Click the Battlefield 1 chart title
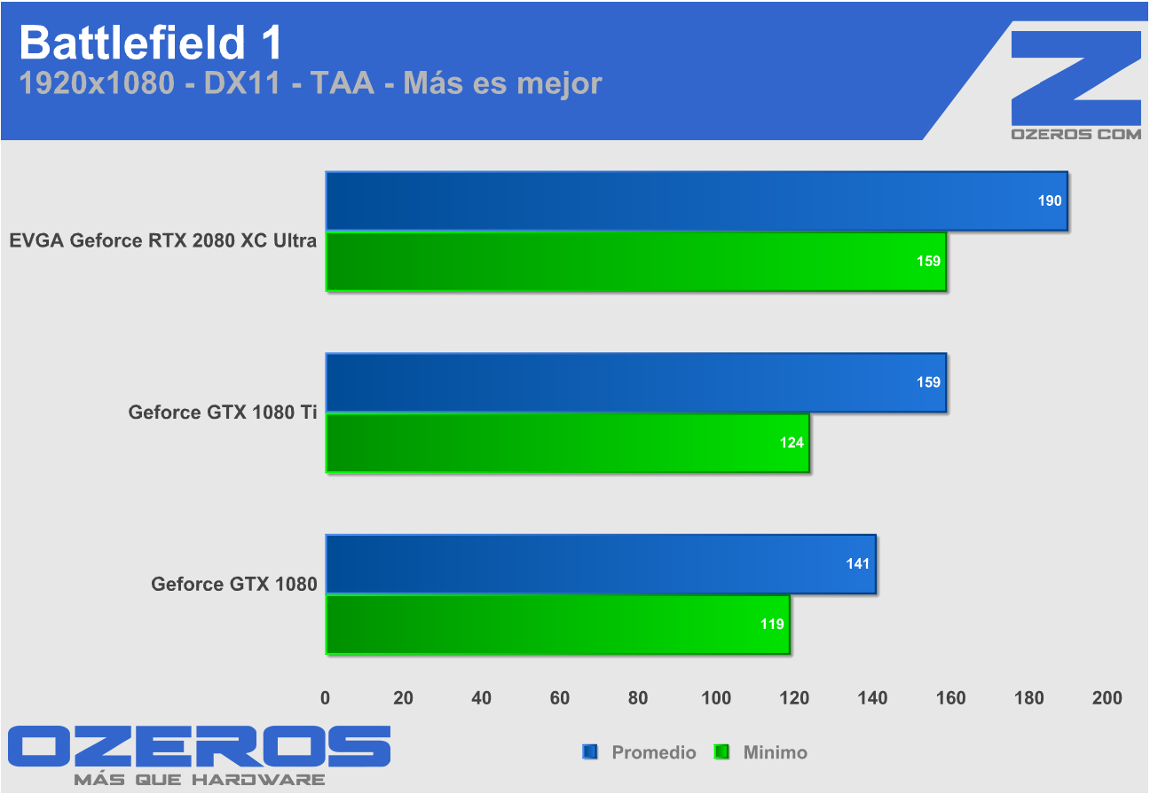tap(150, 42)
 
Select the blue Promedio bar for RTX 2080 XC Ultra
tap(696, 201)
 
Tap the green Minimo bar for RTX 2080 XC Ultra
tap(635, 262)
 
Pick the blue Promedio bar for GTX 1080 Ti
tap(635, 383)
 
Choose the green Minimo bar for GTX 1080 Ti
tap(567, 443)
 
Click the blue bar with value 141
tap(600, 564)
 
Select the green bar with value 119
tap(557, 625)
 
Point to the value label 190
tap(1050, 201)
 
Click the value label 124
tap(792, 443)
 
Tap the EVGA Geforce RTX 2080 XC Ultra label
tap(163, 240)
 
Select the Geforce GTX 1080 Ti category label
tap(223, 412)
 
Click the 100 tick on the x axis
tap(716, 698)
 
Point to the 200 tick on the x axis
tap(1107, 698)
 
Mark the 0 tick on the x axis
tap(326, 698)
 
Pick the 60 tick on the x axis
tap(560, 698)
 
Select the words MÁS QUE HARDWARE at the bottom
tap(199, 780)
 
